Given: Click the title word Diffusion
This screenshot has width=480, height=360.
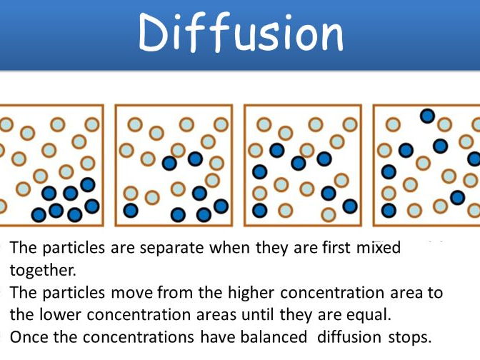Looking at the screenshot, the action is pyautogui.click(x=241, y=32).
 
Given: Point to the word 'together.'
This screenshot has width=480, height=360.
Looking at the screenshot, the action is pyautogui.click(x=43, y=270).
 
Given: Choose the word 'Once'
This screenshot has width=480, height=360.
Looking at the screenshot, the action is pyautogui.click(x=29, y=337).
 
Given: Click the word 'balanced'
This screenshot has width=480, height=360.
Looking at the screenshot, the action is pyautogui.click(x=274, y=336).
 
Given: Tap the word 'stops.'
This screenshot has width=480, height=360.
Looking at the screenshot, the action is pyautogui.click(x=409, y=338).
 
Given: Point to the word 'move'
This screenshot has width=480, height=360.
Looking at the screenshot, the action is pyautogui.click(x=131, y=294).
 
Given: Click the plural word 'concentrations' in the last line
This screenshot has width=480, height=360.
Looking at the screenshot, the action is pyautogui.click(x=138, y=337).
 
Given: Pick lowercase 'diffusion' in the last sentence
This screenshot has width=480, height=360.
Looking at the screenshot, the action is pyautogui.click(x=349, y=336).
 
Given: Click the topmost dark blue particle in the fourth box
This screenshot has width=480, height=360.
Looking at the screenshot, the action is pyautogui.click(x=427, y=116).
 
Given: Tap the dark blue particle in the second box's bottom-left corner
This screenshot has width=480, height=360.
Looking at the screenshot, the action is pyautogui.click(x=131, y=210).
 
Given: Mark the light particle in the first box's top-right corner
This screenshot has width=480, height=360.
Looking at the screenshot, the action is pyautogui.click(x=92, y=124).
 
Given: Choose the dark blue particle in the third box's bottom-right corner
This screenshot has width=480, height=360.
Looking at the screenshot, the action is pyautogui.click(x=350, y=206).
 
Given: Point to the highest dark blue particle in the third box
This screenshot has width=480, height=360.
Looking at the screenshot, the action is pyautogui.click(x=277, y=150).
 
